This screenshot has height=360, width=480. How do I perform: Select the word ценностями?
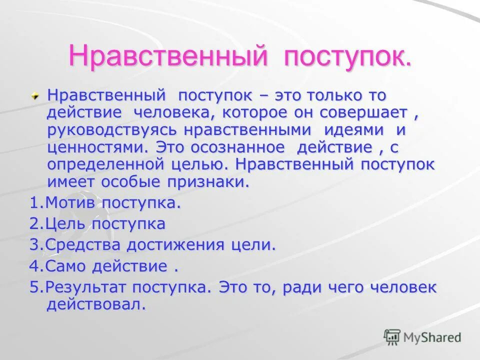[98, 147]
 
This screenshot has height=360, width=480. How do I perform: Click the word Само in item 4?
[63, 266]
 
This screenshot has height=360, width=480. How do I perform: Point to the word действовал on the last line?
[96, 304]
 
